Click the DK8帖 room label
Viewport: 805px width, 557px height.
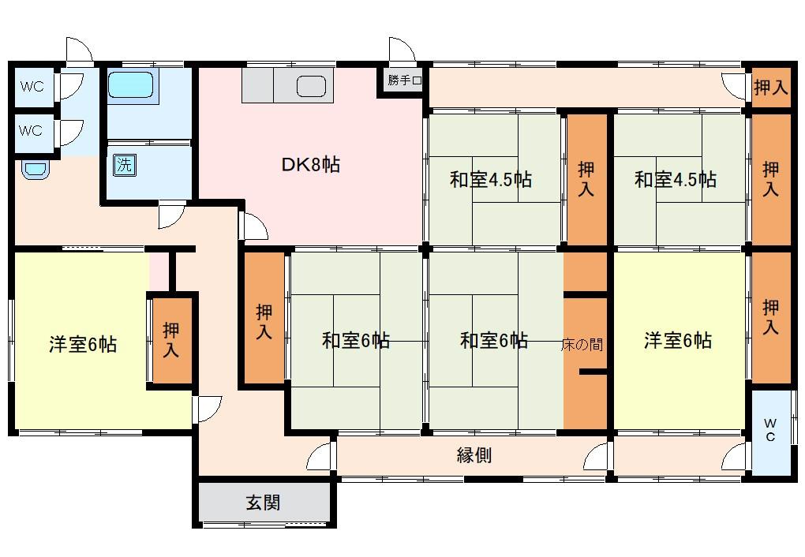click(311, 165)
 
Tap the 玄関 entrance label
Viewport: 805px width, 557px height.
click(263, 502)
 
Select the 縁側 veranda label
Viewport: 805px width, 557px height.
click(474, 455)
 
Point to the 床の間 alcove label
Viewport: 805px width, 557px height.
click(582, 344)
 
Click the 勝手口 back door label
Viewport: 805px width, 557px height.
click(405, 80)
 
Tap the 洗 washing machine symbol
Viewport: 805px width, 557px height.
click(124, 165)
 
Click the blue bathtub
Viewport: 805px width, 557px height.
click(131, 84)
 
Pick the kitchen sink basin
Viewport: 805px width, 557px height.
click(312, 86)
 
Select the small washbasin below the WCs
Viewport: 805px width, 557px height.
click(36, 169)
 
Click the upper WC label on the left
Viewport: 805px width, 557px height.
click(32, 86)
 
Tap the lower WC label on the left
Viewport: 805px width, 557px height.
click(31, 131)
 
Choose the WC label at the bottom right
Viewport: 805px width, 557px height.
click(770, 430)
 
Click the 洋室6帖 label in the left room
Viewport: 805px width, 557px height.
click(83, 344)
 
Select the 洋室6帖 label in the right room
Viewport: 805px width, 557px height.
click(678, 340)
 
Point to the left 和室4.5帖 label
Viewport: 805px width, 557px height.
click(490, 180)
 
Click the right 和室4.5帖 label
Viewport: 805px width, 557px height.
click(675, 180)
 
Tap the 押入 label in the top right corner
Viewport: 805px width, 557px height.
click(770, 88)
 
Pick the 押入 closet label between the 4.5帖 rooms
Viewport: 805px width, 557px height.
click(586, 179)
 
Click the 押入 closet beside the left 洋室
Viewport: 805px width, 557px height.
click(170, 340)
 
